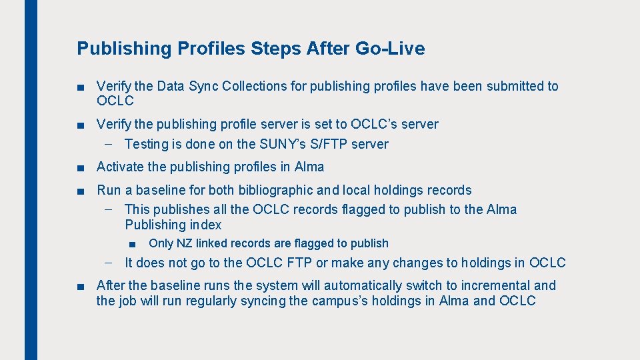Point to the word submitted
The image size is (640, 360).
click(514, 86)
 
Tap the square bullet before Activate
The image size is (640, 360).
click(81, 167)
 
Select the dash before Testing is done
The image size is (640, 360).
click(109, 144)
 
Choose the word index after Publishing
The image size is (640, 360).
click(205, 225)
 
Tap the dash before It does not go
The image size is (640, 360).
click(109, 263)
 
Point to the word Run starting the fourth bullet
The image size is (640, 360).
click(109, 190)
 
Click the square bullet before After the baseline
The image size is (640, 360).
click(81, 286)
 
